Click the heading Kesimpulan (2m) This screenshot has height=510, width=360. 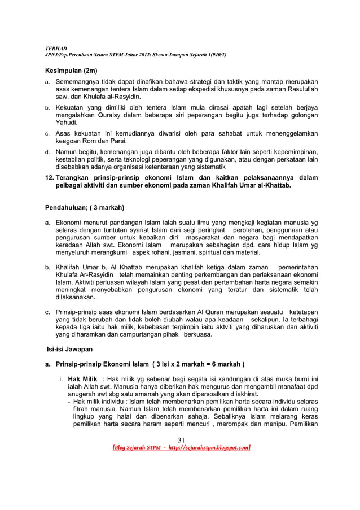coord(71,72)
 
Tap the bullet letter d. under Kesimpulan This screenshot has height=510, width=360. coord(47,152)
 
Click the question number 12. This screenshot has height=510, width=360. coord(49,178)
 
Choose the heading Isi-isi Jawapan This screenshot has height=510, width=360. coord(69,350)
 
